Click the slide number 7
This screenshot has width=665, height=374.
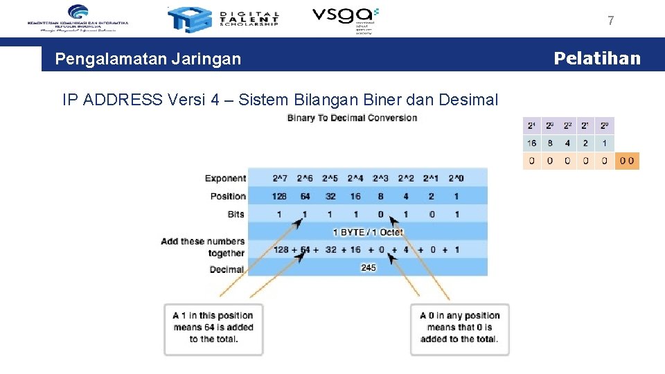(610, 21)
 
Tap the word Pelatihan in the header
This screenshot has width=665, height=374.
(597, 58)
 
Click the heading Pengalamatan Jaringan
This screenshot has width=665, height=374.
(148, 59)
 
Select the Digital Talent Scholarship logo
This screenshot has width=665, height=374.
(224, 19)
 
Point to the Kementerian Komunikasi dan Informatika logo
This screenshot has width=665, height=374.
(78, 17)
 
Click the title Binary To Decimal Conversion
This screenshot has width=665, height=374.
(352, 118)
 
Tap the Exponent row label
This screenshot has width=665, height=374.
(225, 179)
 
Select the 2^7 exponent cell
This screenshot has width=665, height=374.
(281, 179)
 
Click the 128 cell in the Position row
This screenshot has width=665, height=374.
(281, 196)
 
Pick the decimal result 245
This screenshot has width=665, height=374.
(368, 267)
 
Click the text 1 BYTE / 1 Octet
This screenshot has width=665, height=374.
(368, 232)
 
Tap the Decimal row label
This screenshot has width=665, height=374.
(227, 269)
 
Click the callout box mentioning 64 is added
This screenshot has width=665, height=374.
(213, 328)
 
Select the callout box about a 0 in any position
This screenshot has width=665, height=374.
(459, 328)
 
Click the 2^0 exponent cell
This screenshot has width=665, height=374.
(456, 179)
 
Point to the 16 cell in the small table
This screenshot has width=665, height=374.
(532, 143)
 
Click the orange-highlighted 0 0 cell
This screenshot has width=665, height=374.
(627, 161)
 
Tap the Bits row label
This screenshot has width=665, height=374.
(236, 214)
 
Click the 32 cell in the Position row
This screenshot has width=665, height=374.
(330, 196)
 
